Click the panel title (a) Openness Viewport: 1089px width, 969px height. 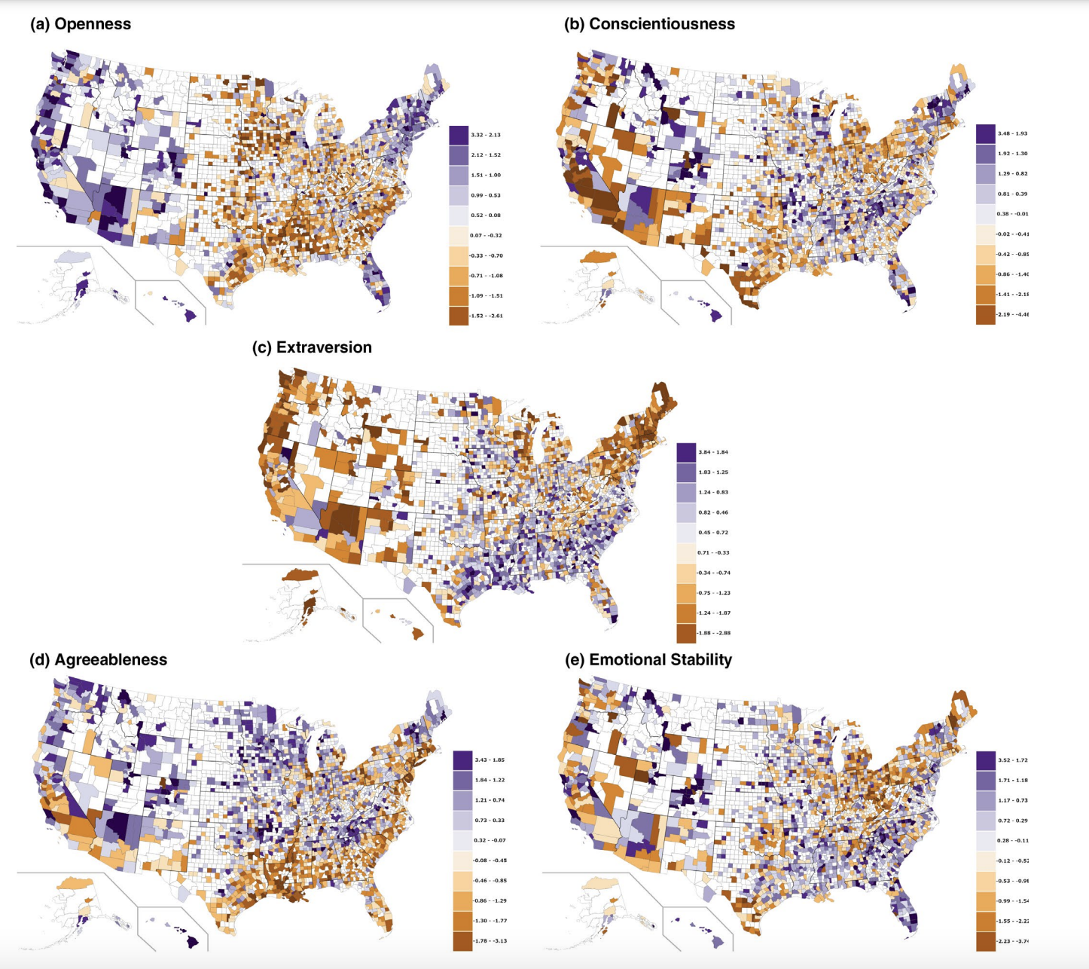click(81, 24)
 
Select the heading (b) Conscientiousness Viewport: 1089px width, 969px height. click(649, 24)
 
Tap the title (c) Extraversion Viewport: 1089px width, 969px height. click(312, 347)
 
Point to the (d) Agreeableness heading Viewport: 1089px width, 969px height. click(98, 660)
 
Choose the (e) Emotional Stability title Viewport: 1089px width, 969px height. click(648, 660)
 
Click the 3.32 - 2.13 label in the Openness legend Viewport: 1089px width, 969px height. click(485, 135)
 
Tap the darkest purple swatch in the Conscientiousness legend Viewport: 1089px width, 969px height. click(985, 134)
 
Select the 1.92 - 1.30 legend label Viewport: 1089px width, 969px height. click(1012, 154)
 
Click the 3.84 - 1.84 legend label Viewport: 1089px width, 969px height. click(713, 452)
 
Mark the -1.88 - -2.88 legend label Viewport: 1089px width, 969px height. click(713, 633)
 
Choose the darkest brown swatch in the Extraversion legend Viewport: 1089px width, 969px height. click(686, 633)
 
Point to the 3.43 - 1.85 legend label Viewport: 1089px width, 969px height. click(489, 760)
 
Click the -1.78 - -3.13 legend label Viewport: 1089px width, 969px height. click(490, 941)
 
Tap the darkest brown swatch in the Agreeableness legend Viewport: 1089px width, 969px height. click(462, 941)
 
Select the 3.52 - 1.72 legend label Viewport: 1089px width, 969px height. click(1012, 760)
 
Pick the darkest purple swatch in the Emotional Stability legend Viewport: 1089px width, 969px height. click(985, 760)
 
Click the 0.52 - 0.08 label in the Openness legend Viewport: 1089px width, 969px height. click(485, 216)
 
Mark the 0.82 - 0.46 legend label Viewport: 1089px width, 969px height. click(713, 512)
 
